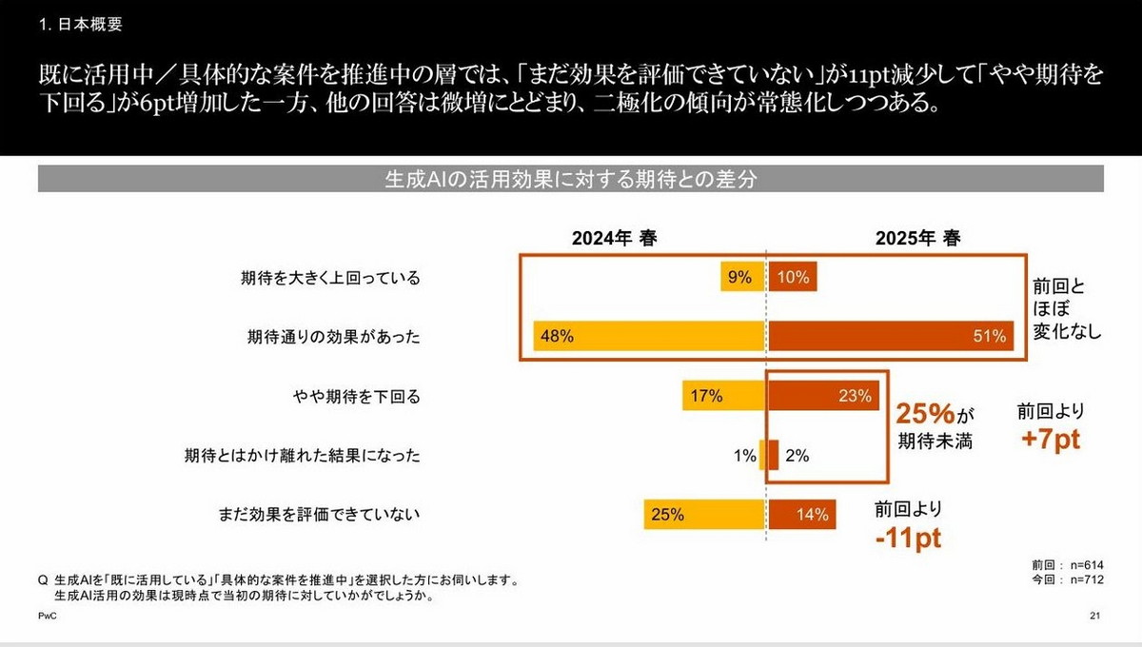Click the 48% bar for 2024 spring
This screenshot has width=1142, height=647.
pyautogui.click(x=649, y=336)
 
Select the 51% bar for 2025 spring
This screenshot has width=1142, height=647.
pyautogui.click(x=891, y=336)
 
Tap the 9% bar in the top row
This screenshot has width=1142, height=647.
pyautogui.click(x=742, y=278)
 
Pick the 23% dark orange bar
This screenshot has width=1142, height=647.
pyautogui.click(x=823, y=396)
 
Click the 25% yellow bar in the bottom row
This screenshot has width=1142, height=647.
pyautogui.click(x=703, y=515)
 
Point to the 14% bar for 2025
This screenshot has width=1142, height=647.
pyautogui.click(x=802, y=515)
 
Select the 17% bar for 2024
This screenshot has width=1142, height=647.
pyautogui.click(x=723, y=396)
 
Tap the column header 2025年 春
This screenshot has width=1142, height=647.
pyautogui.click(x=918, y=239)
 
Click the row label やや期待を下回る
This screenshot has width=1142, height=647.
pyautogui.click(x=358, y=396)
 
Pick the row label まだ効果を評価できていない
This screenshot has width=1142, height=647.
pyautogui.click(x=320, y=515)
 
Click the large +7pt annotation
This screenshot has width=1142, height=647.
pyautogui.click(x=1050, y=441)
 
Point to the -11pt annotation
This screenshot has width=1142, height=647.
pyautogui.click(x=908, y=538)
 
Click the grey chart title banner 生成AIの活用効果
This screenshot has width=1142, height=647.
pyautogui.click(x=570, y=179)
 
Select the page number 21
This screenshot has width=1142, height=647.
pyautogui.click(x=1094, y=618)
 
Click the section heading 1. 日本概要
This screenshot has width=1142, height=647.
pyautogui.click(x=81, y=25)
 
